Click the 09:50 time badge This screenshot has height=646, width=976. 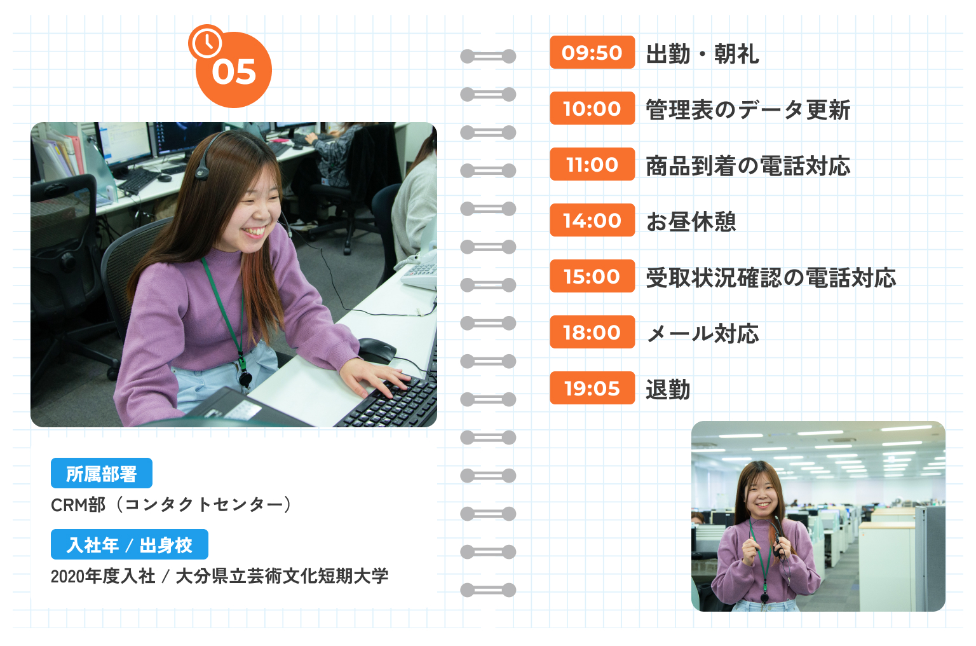tap(592, 52)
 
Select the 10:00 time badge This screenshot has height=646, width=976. tap(592, 108)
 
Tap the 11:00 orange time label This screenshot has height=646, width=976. tap(592, 164)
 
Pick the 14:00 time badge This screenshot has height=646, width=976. tap(592, 220)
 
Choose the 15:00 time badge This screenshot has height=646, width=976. tap(592, 276)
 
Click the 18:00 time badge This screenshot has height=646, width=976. tap(592, 332)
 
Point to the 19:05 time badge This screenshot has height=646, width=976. tap(592, 388)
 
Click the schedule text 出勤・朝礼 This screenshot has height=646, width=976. tap(702, 54)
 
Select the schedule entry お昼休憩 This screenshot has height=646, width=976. tap(691, 222)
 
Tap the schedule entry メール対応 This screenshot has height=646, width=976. tap(702, 334)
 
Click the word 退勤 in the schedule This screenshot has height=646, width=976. tap(668, 390)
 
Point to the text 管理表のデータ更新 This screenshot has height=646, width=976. tap(747, 110)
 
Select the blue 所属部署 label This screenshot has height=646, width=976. tap(102, 474)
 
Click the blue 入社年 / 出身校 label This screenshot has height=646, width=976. tap(130, 545)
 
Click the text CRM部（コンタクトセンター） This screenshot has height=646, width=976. tap(172, 505)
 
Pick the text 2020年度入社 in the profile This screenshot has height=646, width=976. tap(103, 576)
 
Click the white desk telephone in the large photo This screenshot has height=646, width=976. tap(420, 270)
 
